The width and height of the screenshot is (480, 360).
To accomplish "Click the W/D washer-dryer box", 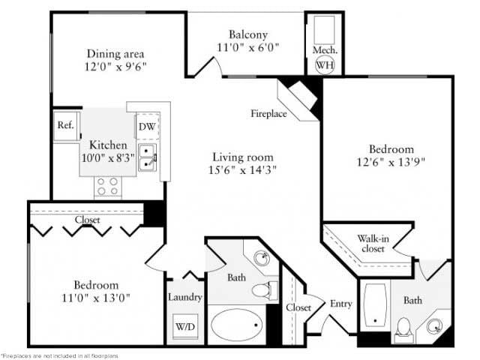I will click(x=184, y=327).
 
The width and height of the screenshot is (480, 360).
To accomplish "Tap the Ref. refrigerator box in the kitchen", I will click(x=65, y=125).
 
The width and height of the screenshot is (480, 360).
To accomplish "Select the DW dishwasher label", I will click(x=147, y=127).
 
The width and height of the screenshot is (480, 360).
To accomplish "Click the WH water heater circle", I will click(x=325, y=64).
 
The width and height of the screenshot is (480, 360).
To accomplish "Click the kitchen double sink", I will click(x=147, y=158).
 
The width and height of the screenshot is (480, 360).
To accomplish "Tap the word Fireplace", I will click(x=268, y=113).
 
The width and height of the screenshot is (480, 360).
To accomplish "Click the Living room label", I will click(x=242, y=157).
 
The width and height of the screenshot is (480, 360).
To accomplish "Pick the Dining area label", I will click(x=115, y=53).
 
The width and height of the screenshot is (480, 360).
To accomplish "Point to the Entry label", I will click(x=340, y=304).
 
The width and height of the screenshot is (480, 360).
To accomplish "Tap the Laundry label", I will click(x=184, y=297).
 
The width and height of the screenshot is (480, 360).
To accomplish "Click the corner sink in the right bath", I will click(x=436, y=326).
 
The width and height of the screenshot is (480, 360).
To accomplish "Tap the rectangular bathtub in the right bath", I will click(x=376, y=307).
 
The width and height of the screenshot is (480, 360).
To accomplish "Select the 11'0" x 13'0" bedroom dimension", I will click(x=96, y=298).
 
